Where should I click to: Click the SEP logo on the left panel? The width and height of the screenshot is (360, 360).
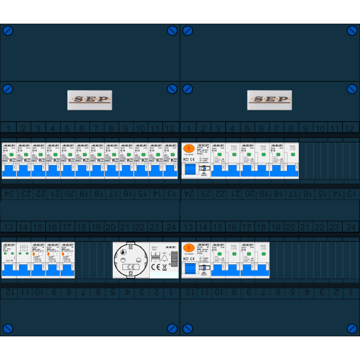pyautogui.click(x=89, y=100)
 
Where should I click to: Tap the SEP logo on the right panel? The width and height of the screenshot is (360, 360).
pyautogui.click(x=269, y=100)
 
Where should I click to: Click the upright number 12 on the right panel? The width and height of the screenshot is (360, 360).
pyautogui.click(x=350, y=129)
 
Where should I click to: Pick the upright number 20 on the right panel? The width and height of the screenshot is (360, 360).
pyautogui.click(x=291, y=227)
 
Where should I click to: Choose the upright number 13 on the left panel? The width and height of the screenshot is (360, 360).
pyautogui.click(x=8, y=227)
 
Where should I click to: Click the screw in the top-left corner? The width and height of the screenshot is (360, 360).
pyautogui.click(x=8, y=30)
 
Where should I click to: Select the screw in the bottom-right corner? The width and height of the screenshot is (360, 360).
pyautogui.click(x=352, y=329)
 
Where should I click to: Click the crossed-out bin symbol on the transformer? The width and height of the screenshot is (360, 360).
pyautogui.click(x=164, y=267)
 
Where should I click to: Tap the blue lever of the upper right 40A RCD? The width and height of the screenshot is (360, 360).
pyautogui.click(x=190, y=170)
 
